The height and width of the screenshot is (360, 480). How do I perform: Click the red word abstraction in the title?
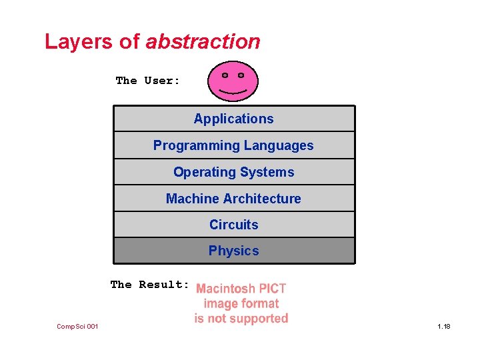(x=203, y=42)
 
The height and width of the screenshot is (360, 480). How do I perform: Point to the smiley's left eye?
(x=225, y=75)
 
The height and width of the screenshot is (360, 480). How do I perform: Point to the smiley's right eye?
(x=240, y=75)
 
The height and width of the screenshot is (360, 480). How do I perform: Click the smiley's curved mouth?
(x=233, y=89)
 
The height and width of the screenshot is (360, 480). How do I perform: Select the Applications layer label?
(x=233, y=119)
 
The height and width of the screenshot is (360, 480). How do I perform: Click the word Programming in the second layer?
(x=196, y=146)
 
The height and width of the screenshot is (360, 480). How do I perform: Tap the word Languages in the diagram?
(x=279, y=145)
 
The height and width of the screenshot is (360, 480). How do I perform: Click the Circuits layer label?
(x=233, y=225)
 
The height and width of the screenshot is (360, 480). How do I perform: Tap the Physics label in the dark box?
(x=233, y=251)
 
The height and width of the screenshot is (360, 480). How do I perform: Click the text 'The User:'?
(x=147, y=81)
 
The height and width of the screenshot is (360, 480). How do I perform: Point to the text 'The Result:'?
(x=150, y=285)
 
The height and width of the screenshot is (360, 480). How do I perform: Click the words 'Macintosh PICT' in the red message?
(x=241, y=289)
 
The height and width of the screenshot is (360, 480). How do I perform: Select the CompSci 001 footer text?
(x=77, y=326)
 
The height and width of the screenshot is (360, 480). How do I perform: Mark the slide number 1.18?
(x=444, y=326)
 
